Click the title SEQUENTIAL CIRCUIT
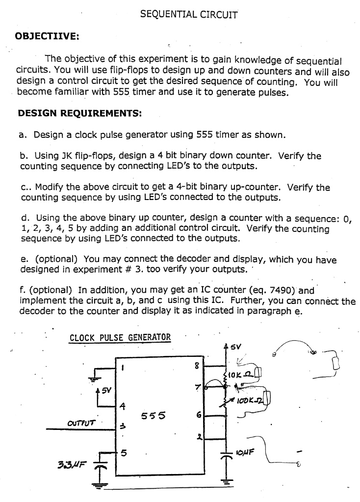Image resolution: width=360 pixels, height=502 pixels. tap(188, 14)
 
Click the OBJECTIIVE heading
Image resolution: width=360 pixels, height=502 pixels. tap(47, 36)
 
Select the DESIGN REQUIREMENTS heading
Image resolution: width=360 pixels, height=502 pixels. tap(79, 113)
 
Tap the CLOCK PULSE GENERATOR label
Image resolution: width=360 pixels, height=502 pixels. tap(120, 337)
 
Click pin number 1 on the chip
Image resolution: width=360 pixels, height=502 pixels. tap(124, 366)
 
